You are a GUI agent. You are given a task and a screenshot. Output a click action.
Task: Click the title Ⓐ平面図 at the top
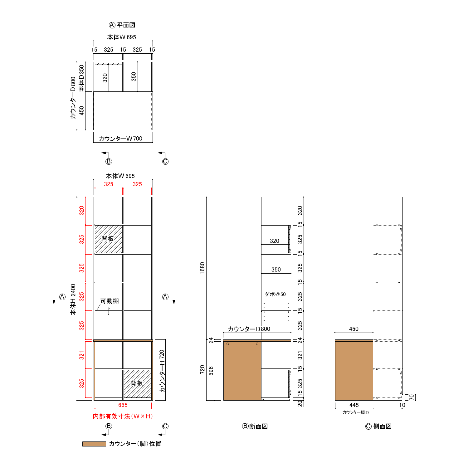coord(122,25)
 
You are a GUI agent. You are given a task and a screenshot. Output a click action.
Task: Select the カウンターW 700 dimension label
coord(120,139)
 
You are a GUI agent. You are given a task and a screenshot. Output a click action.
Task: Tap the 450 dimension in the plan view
coord(81,110)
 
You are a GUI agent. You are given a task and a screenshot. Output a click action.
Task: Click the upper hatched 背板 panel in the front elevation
coord(109,239)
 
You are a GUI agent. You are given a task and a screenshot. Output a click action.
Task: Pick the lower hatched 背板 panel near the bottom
coord(137,383)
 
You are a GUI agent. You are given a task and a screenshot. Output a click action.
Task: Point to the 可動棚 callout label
coord(110,301)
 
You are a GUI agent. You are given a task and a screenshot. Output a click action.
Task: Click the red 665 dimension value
coord(123,405)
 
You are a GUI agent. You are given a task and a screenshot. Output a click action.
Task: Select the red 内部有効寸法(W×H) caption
coord(123,416)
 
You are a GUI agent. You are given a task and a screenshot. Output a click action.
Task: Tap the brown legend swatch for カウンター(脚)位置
coord(94,444)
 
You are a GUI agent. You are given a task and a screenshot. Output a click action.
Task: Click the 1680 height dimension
coord(202,268)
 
